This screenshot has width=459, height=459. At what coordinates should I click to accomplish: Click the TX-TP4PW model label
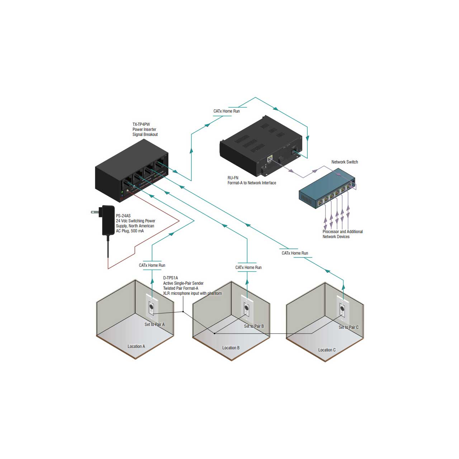coord(141,124)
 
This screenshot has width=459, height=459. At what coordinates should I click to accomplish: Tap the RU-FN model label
coord(233,178)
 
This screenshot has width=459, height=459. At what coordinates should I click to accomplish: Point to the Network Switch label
coord(344,162)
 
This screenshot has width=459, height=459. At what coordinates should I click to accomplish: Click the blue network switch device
coord(327,188)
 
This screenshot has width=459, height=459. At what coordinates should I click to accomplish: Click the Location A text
coord(136,346)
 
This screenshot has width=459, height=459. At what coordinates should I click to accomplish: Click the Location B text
coord(231,348)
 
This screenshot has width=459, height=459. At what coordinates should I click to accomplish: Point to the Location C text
coord(327,350)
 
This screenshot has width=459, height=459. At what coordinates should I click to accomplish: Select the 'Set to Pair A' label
coord(154,325)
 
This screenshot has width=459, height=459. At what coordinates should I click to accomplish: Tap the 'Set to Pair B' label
coord(254,326)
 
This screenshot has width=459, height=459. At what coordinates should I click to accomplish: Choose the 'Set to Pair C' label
coord(349,327)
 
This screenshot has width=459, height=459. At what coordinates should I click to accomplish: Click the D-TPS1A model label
coord(171,278)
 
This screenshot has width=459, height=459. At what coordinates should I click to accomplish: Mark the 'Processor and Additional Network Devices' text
coord(342,234)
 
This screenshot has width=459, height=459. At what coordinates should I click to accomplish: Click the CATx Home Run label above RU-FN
coord(227,111)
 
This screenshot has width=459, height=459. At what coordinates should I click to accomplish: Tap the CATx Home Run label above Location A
coord(152,265)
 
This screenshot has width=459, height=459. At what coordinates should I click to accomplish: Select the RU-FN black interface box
coord(261,146)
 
